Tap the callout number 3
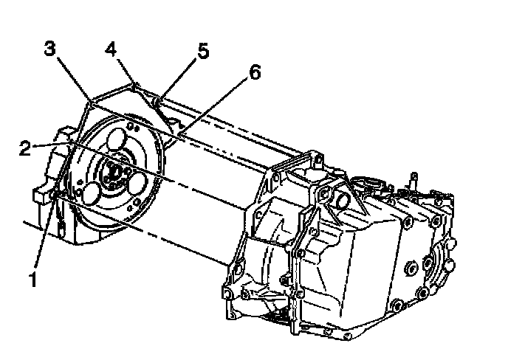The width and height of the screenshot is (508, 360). point(49,49)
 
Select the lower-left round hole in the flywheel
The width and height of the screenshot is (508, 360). point(92,193)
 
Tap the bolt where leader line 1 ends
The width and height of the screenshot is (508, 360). point(58,193)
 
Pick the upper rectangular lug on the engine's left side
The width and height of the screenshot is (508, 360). point(64,135)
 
